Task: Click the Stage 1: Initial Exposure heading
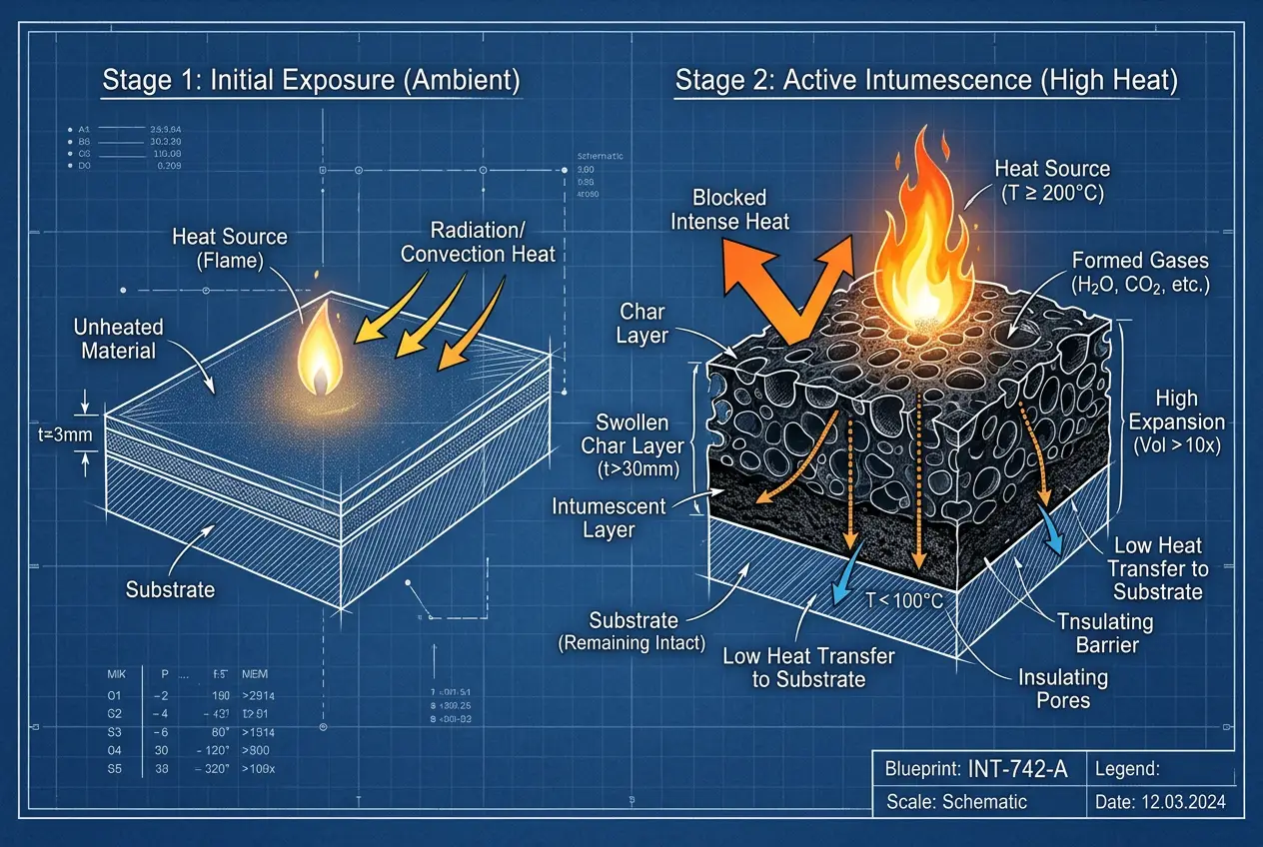click(x=311, y=81)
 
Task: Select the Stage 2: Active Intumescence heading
click(x=926, y=81)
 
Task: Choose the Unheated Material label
click(x=119, y=338)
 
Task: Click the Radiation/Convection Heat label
click(x=478, y=241)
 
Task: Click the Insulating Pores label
click(x=1063, y=688)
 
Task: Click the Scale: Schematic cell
click(x=956, y=801)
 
